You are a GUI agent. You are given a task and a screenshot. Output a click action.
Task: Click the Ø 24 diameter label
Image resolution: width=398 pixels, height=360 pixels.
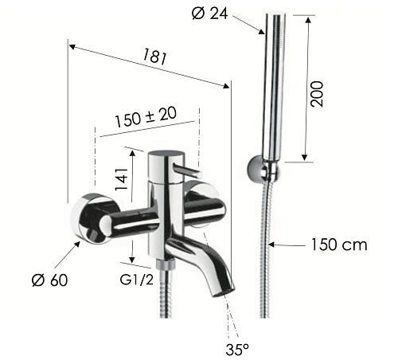point(209,14)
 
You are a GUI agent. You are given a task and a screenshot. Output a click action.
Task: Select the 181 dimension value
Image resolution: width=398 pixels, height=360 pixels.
point(155,57)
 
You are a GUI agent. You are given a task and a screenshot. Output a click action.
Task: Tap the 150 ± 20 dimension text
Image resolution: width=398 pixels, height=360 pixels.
point(146,116)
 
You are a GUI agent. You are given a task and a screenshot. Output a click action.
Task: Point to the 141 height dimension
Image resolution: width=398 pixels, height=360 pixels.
point(122,179)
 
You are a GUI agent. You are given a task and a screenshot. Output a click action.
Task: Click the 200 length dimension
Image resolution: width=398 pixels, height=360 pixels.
point(317,94)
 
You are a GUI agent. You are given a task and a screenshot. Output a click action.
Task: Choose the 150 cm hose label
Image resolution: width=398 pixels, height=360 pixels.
point(339,245)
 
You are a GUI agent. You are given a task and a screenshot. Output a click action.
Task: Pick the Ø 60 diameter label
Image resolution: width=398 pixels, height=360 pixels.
point(49,280)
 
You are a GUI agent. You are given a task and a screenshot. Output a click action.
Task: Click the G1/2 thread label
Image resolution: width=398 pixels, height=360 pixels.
point(137,280)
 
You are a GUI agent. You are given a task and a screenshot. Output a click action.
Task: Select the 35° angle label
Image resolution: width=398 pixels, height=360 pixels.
point(237,349)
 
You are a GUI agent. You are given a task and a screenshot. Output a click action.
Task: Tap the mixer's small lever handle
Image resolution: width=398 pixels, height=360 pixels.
point(188,170)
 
